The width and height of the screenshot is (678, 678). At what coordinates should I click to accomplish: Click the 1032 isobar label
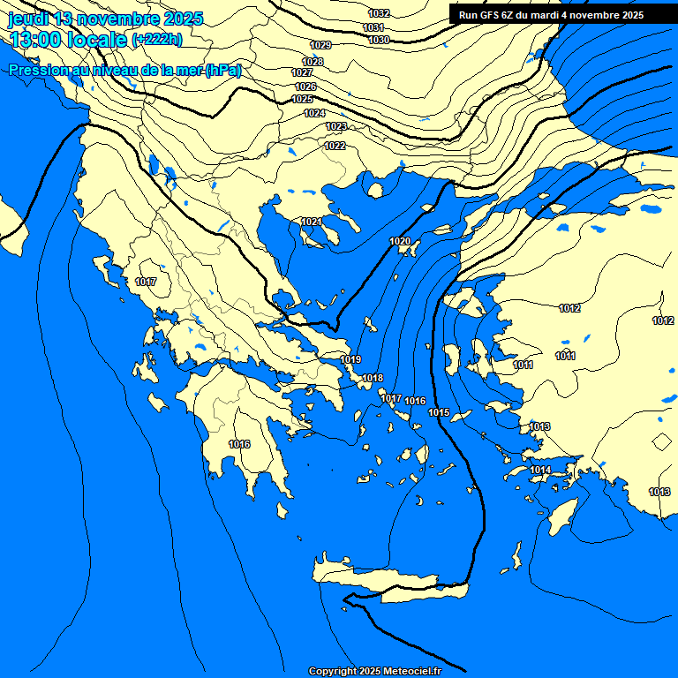click(379, 13)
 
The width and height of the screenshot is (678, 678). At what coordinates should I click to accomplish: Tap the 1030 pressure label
click(379, 40)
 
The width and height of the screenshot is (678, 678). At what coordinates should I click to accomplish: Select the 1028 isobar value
click(313, 62)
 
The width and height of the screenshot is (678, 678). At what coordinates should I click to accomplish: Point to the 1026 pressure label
click(305, 87)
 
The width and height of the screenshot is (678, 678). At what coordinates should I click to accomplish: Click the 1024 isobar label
click(314, 113)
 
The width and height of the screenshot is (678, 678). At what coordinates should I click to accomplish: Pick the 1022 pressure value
click(335, 146)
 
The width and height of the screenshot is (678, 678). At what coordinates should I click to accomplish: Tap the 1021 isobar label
click(311, 222)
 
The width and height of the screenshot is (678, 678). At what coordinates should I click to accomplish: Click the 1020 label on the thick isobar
click(400, 241)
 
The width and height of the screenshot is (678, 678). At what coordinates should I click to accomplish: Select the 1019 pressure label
click(350, 359)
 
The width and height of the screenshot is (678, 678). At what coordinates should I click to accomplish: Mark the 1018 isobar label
click(373, 378)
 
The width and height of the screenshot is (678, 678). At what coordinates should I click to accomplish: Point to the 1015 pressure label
click(439, 412)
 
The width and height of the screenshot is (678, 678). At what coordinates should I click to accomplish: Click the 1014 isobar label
click(541, 470)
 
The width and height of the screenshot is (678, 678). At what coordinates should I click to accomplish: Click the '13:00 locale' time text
click(67, 39)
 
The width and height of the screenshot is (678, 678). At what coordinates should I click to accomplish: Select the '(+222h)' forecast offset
click(156, 39)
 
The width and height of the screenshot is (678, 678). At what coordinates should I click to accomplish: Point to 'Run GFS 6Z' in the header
click(492, 15)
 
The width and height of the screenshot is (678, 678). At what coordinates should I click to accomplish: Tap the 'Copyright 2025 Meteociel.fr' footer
click(374, 671)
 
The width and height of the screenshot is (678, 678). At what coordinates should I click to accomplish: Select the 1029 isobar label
click(320, 45)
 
